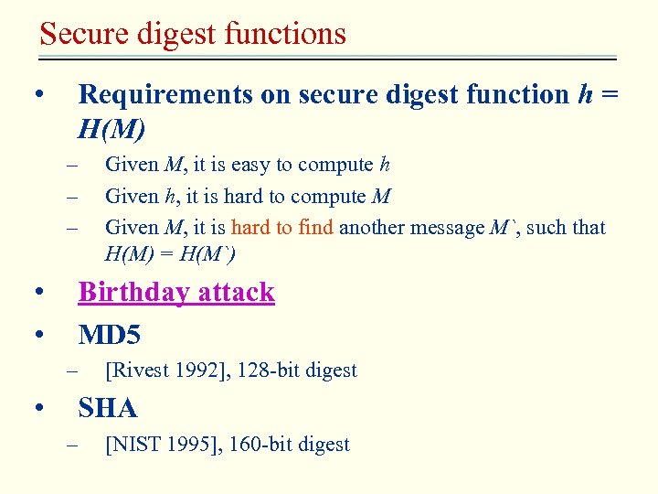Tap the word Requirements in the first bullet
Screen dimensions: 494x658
pos(166,94)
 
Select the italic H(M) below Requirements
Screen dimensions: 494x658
pos(111,129)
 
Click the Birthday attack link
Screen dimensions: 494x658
pos(176,292)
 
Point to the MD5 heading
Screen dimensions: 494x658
pos(110,335)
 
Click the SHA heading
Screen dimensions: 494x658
pos(108,408)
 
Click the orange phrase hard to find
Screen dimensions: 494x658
pos(282,228)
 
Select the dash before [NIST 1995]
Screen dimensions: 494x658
pos(73,445)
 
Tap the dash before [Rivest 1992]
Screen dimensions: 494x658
pos(73,370)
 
